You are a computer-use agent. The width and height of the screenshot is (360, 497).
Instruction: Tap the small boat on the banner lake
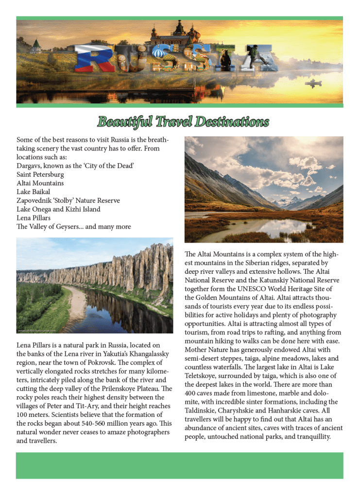[x=313, y=83]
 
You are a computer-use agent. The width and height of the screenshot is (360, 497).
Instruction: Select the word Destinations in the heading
[x=232, y=121]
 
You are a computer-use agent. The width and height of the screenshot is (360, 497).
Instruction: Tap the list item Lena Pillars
[x=34, y=218]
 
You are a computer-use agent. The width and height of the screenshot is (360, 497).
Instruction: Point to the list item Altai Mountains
[x=40, y=183]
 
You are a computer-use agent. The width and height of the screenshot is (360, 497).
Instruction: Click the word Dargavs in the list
[x=29, y=166]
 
